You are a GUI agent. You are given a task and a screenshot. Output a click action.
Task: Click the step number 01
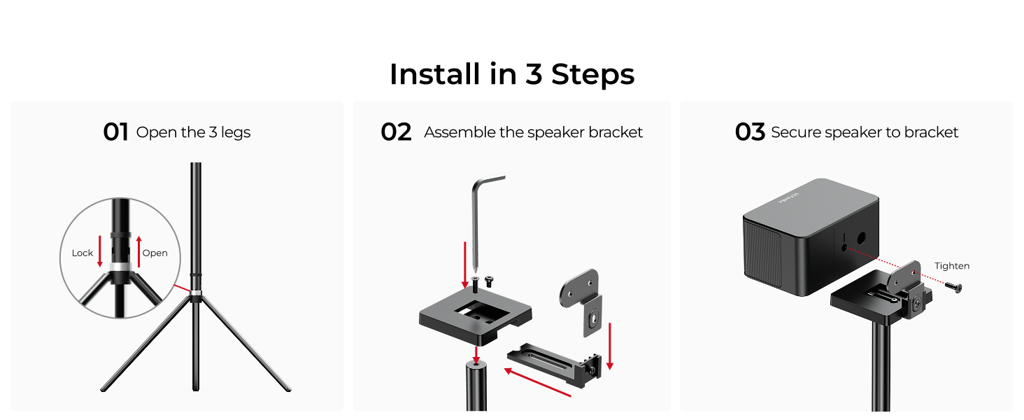pos(115,132)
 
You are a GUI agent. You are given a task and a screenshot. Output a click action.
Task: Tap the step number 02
pos(396,132)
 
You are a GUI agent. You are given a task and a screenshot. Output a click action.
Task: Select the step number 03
pos(750,132)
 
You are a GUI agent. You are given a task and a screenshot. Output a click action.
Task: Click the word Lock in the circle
pos(83,253)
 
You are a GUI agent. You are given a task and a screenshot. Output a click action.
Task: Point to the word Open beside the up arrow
pos(155,253)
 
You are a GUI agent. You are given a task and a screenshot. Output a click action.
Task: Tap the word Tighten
pos(952,266)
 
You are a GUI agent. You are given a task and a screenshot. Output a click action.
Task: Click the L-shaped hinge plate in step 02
pos(584,297)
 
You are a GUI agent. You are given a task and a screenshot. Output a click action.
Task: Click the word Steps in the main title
pos(592,74)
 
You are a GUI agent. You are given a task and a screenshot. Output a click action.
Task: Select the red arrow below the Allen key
pos(465,264)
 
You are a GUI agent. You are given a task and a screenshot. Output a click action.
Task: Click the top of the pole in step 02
pos(476,363)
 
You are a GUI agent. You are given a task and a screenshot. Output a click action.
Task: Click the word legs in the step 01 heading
pos(236,132)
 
